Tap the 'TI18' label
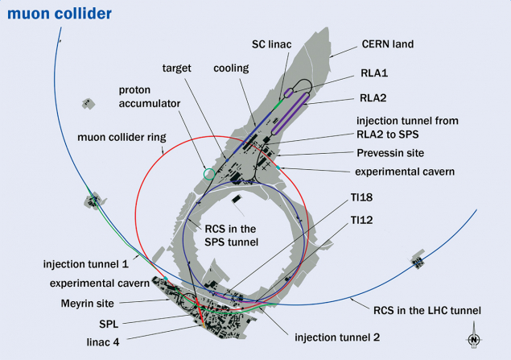click(x=362, y=197)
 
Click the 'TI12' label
click(x=362, y=218)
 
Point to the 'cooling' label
click(x=230, y=68)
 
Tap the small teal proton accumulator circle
click(x=210, y=173)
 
